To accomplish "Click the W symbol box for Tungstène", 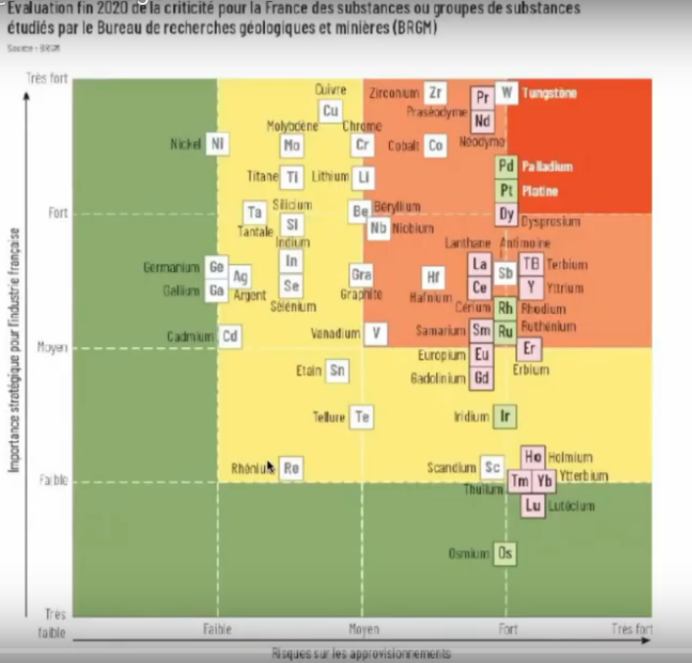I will [506, 93].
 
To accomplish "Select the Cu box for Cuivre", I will [330, 111].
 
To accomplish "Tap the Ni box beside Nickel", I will [217, 145].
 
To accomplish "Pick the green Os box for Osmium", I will [505, 553].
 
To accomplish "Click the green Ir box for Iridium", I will [504, 417].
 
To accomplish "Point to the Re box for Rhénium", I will [290, 468].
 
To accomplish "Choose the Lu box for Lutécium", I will [533, 506].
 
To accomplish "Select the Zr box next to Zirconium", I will [436, 93].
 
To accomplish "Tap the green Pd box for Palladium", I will [506, 166].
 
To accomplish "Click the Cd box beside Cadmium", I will [231, 336].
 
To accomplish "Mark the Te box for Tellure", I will [363, 418].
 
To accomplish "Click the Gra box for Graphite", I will [362, 276].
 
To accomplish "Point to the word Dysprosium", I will [550, 222].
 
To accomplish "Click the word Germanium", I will [171, 267].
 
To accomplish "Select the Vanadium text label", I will [335, 333].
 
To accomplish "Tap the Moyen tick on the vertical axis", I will [52, 347].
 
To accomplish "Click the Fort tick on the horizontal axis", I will [507, 630].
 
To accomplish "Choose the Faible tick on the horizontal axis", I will [217, 630].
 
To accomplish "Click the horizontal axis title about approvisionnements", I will [361, 653].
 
